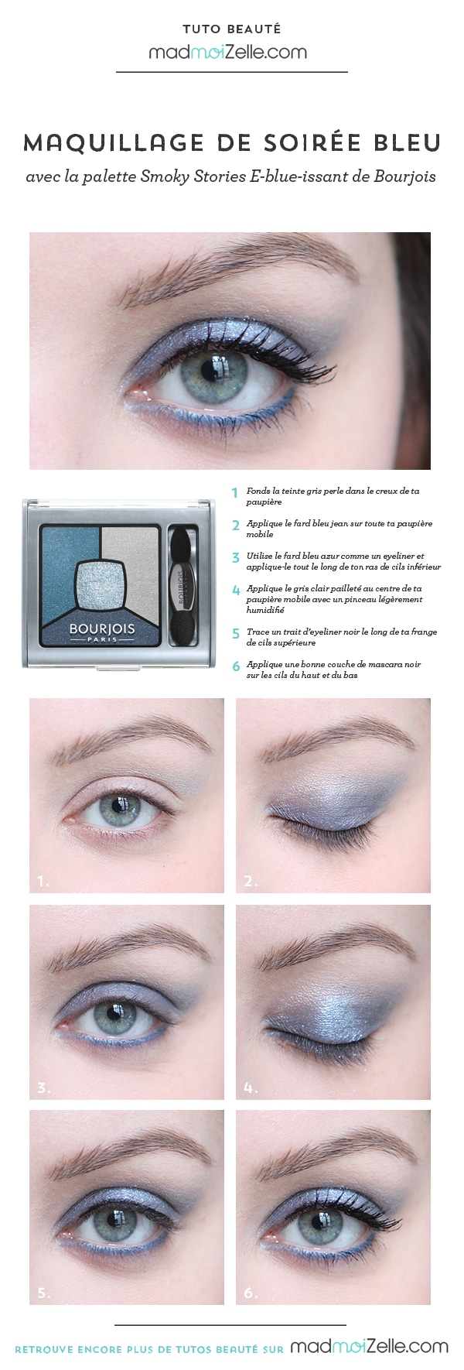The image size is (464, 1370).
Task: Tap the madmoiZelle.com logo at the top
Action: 228,52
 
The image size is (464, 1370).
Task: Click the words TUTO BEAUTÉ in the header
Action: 231,29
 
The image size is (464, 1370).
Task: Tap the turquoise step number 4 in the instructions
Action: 237,591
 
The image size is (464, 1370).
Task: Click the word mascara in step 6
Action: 375,664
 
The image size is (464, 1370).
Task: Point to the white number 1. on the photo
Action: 43,880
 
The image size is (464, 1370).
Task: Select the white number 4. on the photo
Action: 250,1087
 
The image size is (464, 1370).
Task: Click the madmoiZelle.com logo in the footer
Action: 369,1347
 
